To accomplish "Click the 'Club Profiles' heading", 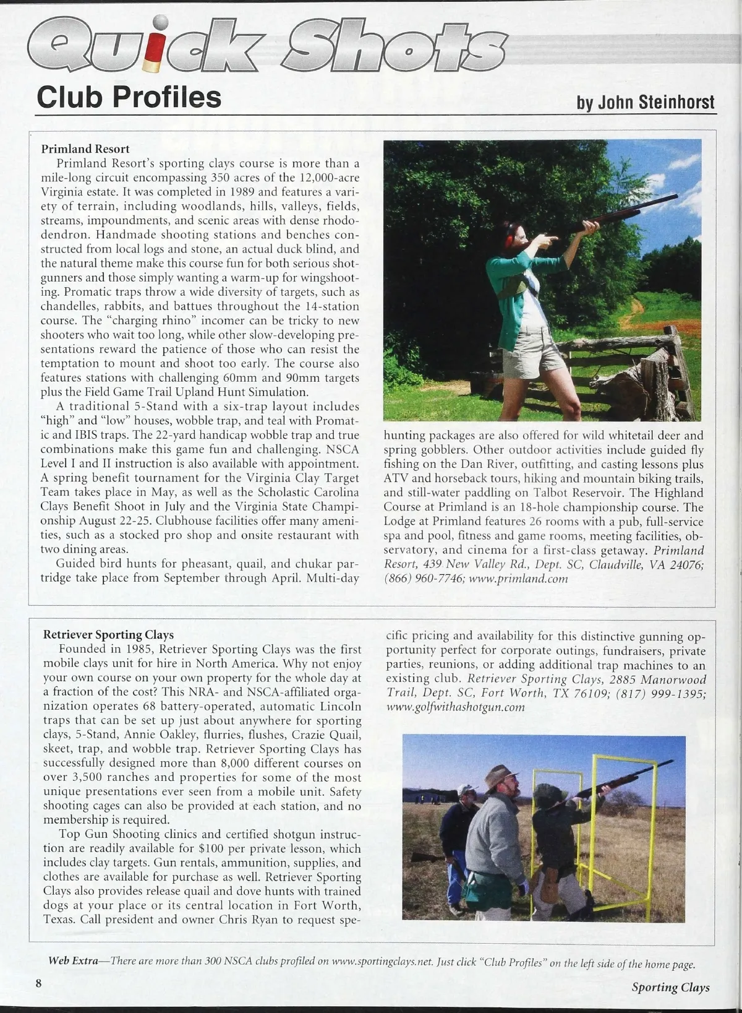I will coord(129,97).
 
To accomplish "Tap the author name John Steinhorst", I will coord(645,102).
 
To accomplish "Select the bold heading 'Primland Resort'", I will coord(85,149).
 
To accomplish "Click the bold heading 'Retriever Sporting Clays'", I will coord(108,635).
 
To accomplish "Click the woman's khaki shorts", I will coord(526,353).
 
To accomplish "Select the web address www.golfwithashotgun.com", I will coord(455,707).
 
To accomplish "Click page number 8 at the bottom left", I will coord(38,983).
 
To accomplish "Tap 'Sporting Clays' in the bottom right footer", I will coord(670,988).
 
